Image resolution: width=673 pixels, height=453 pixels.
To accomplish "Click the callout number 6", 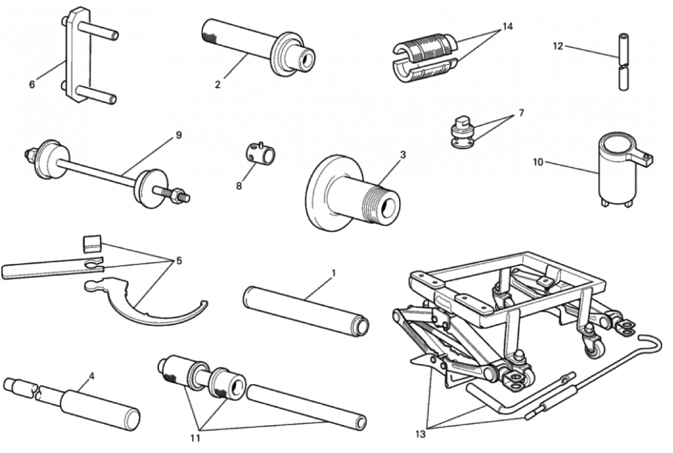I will click(32, 85).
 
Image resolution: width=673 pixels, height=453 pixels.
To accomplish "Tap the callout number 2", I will click(218, 85).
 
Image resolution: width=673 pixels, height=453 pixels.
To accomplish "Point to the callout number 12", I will click(558, 46).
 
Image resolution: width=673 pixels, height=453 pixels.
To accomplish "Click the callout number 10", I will click(538, 162).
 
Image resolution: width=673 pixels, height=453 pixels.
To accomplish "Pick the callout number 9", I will click(179, 135).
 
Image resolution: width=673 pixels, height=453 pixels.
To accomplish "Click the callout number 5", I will click(179, 261).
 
